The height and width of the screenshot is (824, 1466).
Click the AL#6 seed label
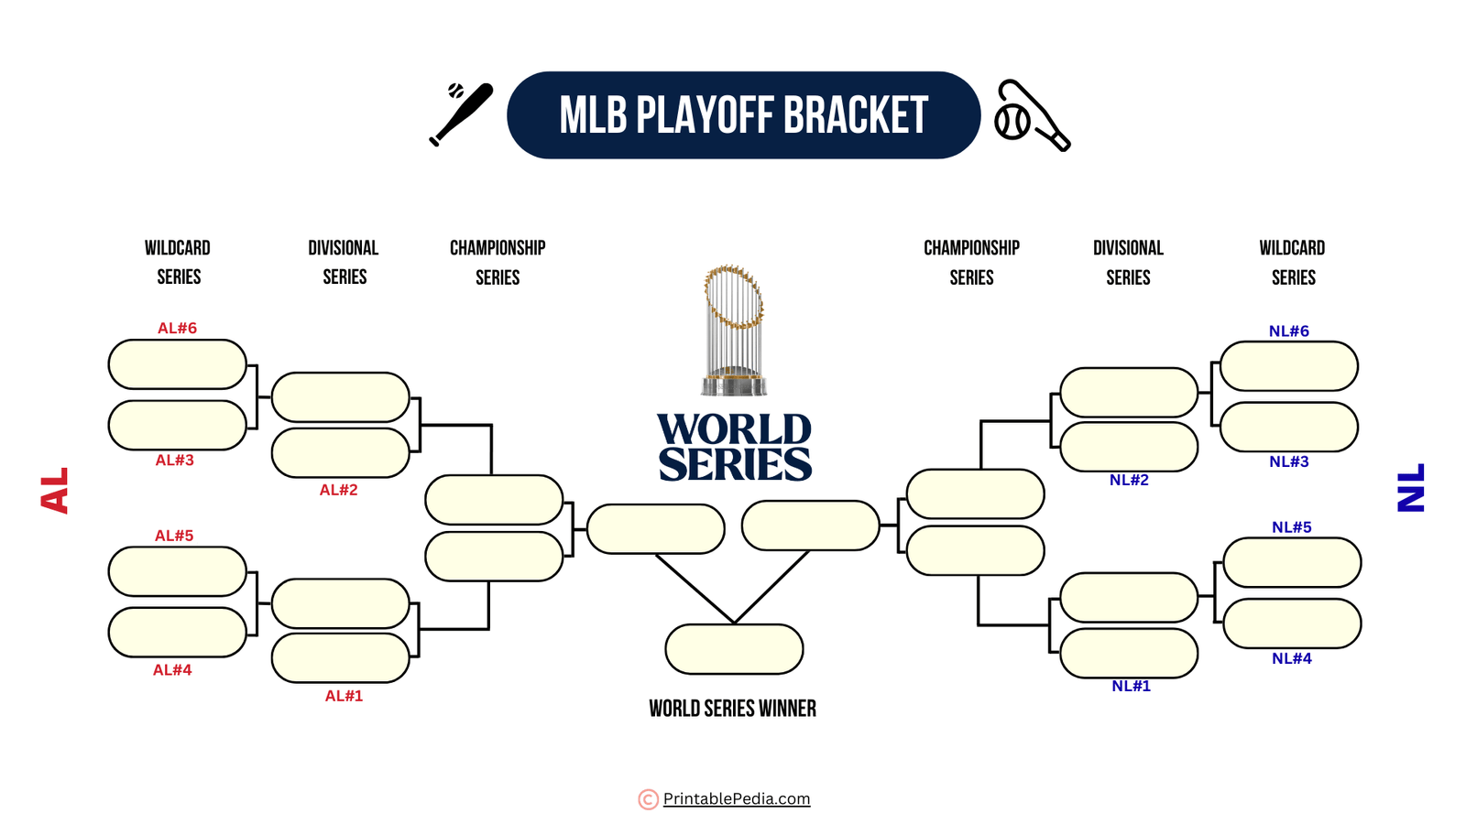177,328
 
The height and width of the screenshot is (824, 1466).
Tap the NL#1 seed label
1131,686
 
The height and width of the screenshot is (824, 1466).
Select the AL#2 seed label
338,490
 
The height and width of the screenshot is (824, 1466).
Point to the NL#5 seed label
1291,526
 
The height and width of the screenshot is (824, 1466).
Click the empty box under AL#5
177,571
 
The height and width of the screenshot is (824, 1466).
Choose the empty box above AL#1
340,657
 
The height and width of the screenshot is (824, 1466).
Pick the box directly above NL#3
1288,427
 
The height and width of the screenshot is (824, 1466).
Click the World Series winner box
734,649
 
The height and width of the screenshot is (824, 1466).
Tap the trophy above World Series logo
733,330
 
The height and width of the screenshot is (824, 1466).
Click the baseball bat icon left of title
461,114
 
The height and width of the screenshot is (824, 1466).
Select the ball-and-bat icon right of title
1032,115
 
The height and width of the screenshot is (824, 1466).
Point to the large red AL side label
55,491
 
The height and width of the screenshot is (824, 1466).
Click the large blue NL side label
1411,488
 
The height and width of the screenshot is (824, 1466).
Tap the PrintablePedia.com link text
737,798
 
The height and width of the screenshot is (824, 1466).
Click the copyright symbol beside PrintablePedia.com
648,799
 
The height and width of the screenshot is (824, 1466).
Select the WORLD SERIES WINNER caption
732,708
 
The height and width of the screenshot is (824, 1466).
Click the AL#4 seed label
172,670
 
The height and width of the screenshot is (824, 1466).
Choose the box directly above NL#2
1129,447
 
